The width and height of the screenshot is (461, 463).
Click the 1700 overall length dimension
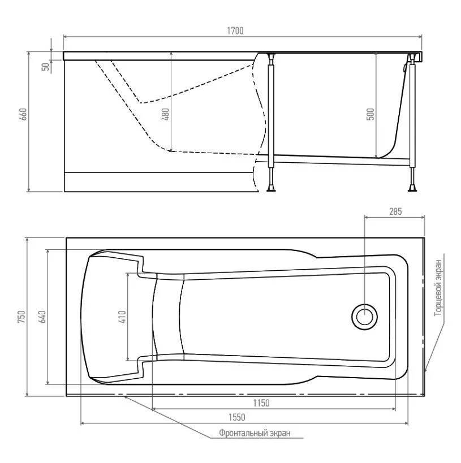[x=235, y=31]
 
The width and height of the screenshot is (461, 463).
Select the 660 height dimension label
[x=23, y=114]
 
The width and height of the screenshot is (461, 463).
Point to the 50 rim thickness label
[x=46, y=67]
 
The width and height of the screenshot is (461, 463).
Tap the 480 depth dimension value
[x=166, y=114]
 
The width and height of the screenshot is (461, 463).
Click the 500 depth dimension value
[x=370, y=114]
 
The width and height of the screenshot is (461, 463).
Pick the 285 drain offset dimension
[x=395, y=211]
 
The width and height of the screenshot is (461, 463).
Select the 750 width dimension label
[x=21, y=317]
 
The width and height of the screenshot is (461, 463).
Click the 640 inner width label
[x=42, y=317]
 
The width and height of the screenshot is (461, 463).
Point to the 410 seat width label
[x=122, y=317]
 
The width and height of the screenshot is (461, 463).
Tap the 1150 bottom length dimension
[x=261, y=403]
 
